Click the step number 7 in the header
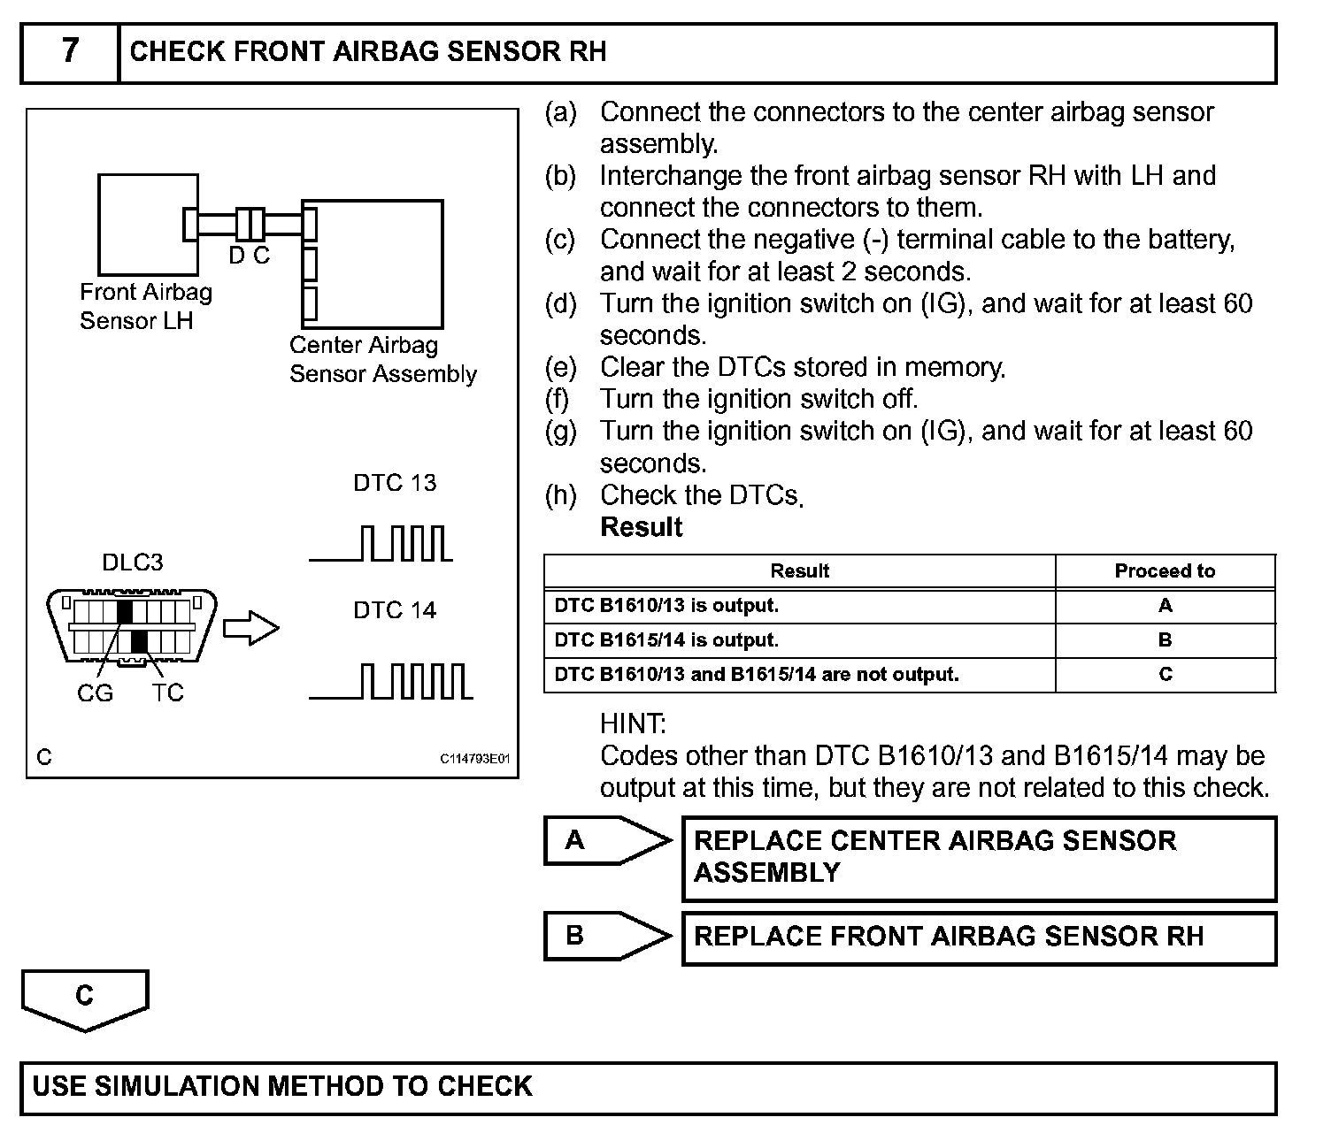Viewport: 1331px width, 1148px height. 70,51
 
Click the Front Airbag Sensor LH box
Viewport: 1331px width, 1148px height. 147,224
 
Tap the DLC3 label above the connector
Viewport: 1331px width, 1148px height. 133,563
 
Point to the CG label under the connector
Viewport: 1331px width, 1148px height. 95,693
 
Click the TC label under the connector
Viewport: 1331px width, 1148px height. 167,693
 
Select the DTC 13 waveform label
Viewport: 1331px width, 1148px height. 395,483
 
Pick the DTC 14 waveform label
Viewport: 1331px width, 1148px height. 395,610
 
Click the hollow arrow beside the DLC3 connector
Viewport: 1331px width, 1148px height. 250,628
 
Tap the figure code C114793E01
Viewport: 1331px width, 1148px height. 475,759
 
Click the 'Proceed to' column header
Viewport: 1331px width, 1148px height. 1165,571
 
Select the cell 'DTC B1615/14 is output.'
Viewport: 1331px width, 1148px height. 666,640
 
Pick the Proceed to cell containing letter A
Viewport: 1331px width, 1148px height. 1165,606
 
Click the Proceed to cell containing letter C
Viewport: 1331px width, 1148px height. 1165,675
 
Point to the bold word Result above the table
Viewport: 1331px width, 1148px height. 641,528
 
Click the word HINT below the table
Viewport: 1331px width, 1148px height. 633,724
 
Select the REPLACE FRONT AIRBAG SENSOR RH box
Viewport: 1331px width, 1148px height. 978,938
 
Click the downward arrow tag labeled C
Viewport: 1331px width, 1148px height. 85,999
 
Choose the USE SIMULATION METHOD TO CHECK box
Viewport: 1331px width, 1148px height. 648,1087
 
